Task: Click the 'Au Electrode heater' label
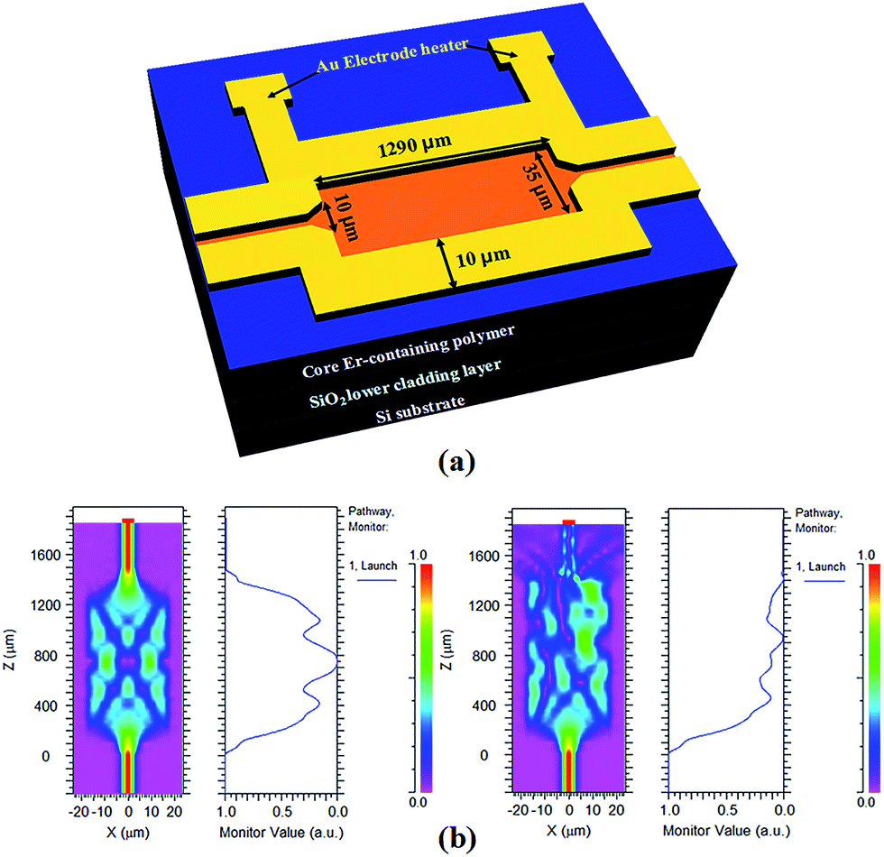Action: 392,54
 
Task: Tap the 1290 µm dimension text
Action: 414,146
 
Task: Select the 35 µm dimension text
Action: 538,186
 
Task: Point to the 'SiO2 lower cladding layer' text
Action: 405,384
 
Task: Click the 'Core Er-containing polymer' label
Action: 408,350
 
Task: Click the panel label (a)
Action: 456,462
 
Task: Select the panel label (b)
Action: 456,839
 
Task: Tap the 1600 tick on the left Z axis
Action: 45,556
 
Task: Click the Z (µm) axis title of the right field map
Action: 447,650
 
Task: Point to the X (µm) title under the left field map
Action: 128,832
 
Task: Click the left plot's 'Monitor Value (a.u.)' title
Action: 281,832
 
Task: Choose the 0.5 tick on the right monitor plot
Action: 727,810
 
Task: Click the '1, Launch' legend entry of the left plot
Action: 373,566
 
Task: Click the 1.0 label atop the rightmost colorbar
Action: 866,556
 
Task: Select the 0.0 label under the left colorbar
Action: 418,802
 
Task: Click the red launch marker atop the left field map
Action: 128,521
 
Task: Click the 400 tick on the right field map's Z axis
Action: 484,705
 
